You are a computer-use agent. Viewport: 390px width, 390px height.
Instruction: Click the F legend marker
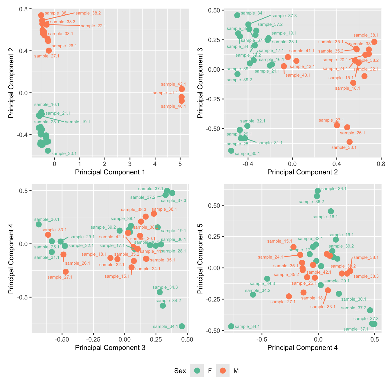coord(197,371)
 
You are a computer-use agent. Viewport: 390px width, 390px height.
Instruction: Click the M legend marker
coord(223,371)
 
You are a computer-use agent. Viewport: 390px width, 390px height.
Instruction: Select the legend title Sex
coord(180,371)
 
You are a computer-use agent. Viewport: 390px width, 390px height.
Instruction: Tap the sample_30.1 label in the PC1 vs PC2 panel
coord(64,154)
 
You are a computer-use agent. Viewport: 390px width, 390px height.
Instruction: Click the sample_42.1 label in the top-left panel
coord(173,84)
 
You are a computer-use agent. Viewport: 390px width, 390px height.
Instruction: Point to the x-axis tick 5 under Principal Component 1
coord(180,164)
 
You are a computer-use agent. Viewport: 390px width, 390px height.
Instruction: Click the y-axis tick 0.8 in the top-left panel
coord(24,9)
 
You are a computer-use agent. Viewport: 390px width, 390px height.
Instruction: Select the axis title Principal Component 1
coord(110,172)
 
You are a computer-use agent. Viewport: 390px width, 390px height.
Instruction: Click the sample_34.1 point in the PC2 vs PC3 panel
coord(237,15)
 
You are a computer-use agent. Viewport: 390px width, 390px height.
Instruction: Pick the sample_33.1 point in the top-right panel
coord(349,142)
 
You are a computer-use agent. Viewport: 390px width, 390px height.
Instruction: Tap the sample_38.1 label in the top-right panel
coord(366,35)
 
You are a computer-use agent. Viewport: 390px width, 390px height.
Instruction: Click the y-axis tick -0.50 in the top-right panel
coord(214,129)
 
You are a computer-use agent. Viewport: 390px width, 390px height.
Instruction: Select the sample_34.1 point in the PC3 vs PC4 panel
coord(182,326)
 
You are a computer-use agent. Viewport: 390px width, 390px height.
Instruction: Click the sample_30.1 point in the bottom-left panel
coord(39,224)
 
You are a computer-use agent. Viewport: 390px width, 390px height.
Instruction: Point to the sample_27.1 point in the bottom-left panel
coord(66,272)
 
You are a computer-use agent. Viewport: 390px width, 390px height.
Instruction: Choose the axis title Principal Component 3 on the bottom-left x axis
coord(110,347)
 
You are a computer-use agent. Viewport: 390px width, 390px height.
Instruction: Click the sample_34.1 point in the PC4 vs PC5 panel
coord(231,326)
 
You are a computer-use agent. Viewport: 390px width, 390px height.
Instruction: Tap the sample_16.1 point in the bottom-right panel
coord(331,211)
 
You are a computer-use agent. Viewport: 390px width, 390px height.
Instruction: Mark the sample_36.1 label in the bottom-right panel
coord(334,189)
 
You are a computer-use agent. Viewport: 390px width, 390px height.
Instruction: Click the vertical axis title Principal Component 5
coord(200,258)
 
